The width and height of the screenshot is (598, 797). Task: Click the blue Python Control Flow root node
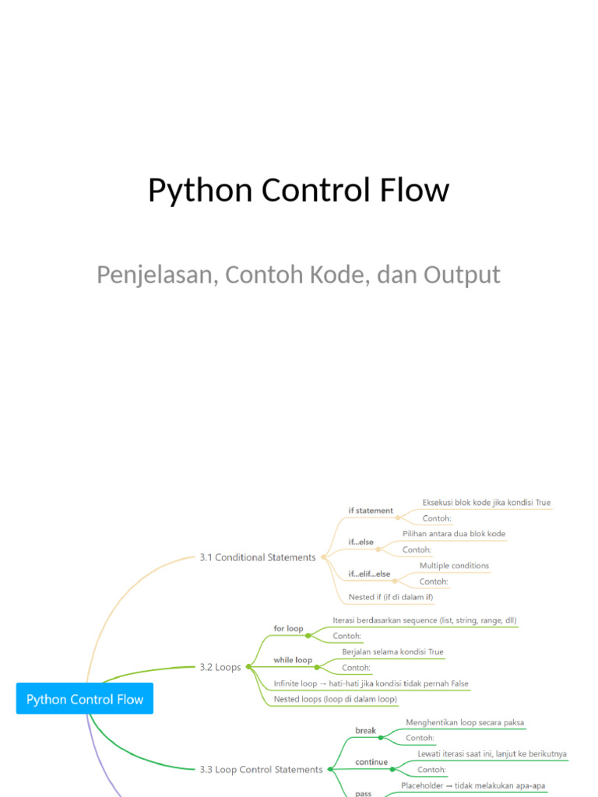(x=85, y=699)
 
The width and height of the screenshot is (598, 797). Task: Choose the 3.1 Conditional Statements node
(x=258, y=557)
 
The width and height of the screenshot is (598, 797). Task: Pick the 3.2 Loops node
(x=220, y=667)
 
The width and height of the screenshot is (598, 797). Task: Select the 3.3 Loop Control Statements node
(x=261, y=769)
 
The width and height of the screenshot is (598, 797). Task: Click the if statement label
(x=371, y=511)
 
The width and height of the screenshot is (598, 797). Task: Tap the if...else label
(x=361, y=542)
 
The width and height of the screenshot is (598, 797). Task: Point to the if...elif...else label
(x=369, y=574)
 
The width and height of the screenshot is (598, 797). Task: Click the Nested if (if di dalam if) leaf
(x=391, y=597)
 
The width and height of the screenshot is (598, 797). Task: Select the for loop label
(x=288, y=628)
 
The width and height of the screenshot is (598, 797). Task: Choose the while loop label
(x=293, y=660)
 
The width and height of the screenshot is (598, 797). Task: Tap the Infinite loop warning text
(x=371, y=683)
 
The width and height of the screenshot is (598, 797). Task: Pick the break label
(x=365, y=731)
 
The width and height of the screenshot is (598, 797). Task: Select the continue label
(x=371, y=762)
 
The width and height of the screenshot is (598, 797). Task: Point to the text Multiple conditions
(x=454, y=565)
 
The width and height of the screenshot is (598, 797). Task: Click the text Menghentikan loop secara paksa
(x=465, y=722)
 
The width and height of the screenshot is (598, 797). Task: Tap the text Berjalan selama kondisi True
(x=392, y=651)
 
